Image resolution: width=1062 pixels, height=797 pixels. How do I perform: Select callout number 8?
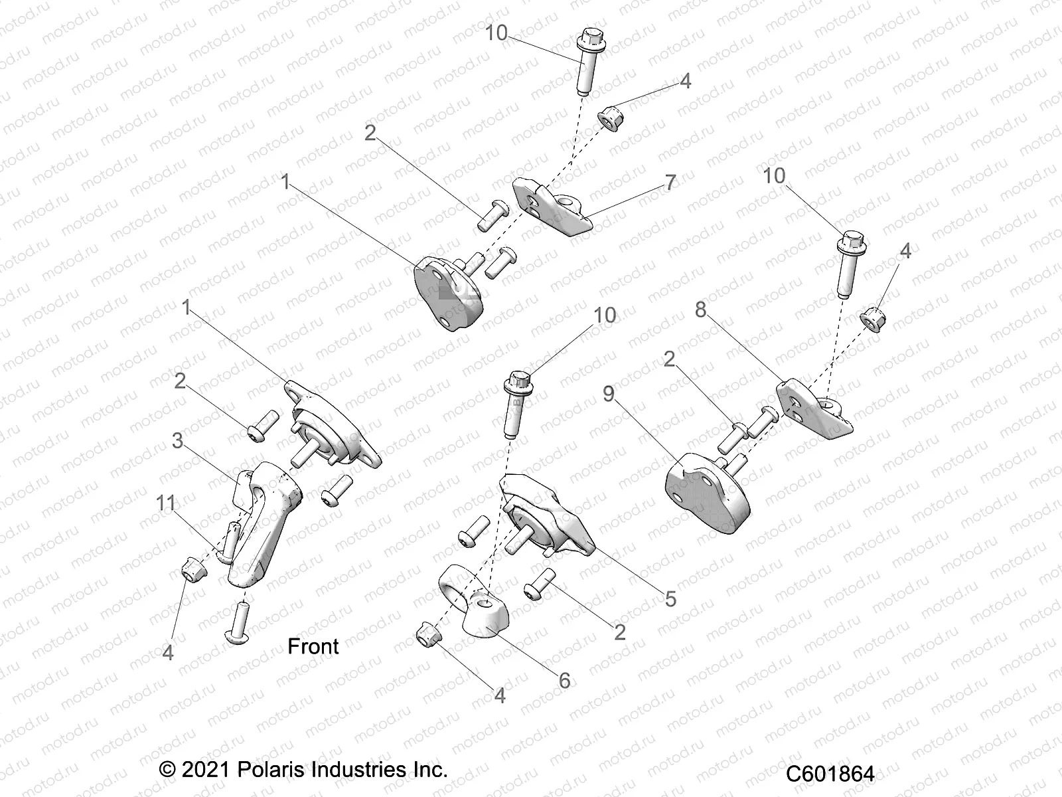(x=701, y=310)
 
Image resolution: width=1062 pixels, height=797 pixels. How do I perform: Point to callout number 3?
(x=177, y=441)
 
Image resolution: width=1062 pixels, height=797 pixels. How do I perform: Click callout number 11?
(x=166, y=503)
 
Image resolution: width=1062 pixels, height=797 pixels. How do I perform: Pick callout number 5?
(x=670, y=598)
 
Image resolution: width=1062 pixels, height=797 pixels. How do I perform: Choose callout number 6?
(x=565, y=680)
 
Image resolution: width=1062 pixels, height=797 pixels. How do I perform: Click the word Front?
(x=313, y=646)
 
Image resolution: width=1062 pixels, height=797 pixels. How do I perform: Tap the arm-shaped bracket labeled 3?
(x=265, y=518)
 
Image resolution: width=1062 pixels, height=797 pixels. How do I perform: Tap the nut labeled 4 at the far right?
(x=871, y=317)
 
